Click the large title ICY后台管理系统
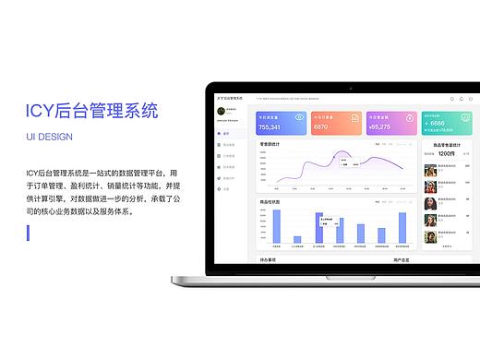(x=91, y=112)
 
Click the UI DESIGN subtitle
(x=63, y=137)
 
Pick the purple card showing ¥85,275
(x=390, y=124)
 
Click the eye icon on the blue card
(x=300, y=117)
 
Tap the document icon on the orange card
(x=354, y=117)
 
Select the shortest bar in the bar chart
(x=297, y=242)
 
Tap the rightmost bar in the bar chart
(x=402, y=228)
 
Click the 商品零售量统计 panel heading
(x=445, y=144)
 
